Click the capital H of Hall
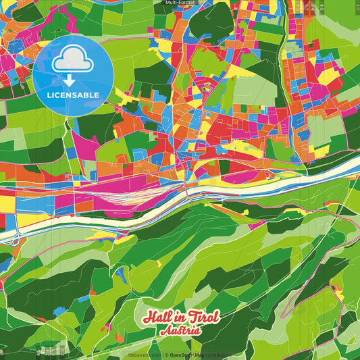click(x=149, y=318)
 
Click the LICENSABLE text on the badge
click(x=73, y=95)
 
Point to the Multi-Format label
click(x=180, y=3)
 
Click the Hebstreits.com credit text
click(x=143, y=355)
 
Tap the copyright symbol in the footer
click(x=165, y=355)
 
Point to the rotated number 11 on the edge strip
click(x=357, y=6)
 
